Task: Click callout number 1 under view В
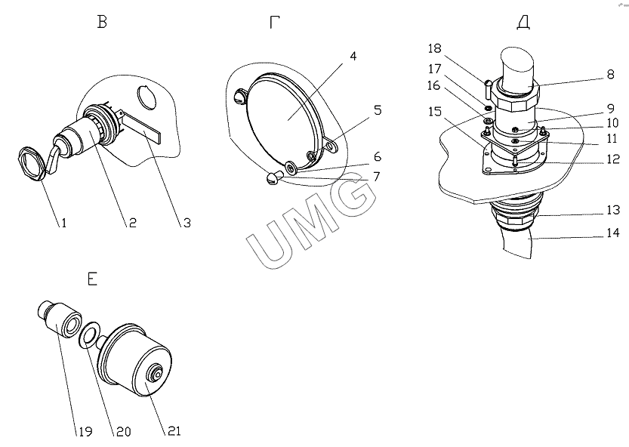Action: pyautogui.click(x=63, y=222)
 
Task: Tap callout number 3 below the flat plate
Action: pyautogui.click(x=187, y=223)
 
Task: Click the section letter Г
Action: pyautogui.click(x=274, y=23)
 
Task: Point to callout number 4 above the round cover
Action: pyautogui.click(x=353, y=56)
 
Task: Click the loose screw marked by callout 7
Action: pyautogui.click(x=273, y=177)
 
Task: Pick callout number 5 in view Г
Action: pyautogui.click(x=378, y=110)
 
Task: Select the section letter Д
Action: pyautogui.click(x=523, y=23)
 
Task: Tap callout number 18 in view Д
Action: pyautogui.click(x=434, y=48)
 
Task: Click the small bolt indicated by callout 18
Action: pyautogui.click(x=487, y=89)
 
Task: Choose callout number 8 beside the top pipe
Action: pyautogui.click(x=611, y=74)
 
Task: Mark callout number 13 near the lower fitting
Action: pyautogui.click(x=613, y=210)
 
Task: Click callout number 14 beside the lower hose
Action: pyautogui.click(x=613, y=233)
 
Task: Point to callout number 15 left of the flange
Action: pyautogui.click(x=435, y=111)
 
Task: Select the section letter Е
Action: pyautogui.click(x=92, y=279)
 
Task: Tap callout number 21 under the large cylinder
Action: pyautogui.click(x=174, y=431)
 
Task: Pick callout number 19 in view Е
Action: pyautogui.click(x=85, y=431)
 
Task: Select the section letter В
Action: pyautogui.click(x=102, y=23)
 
